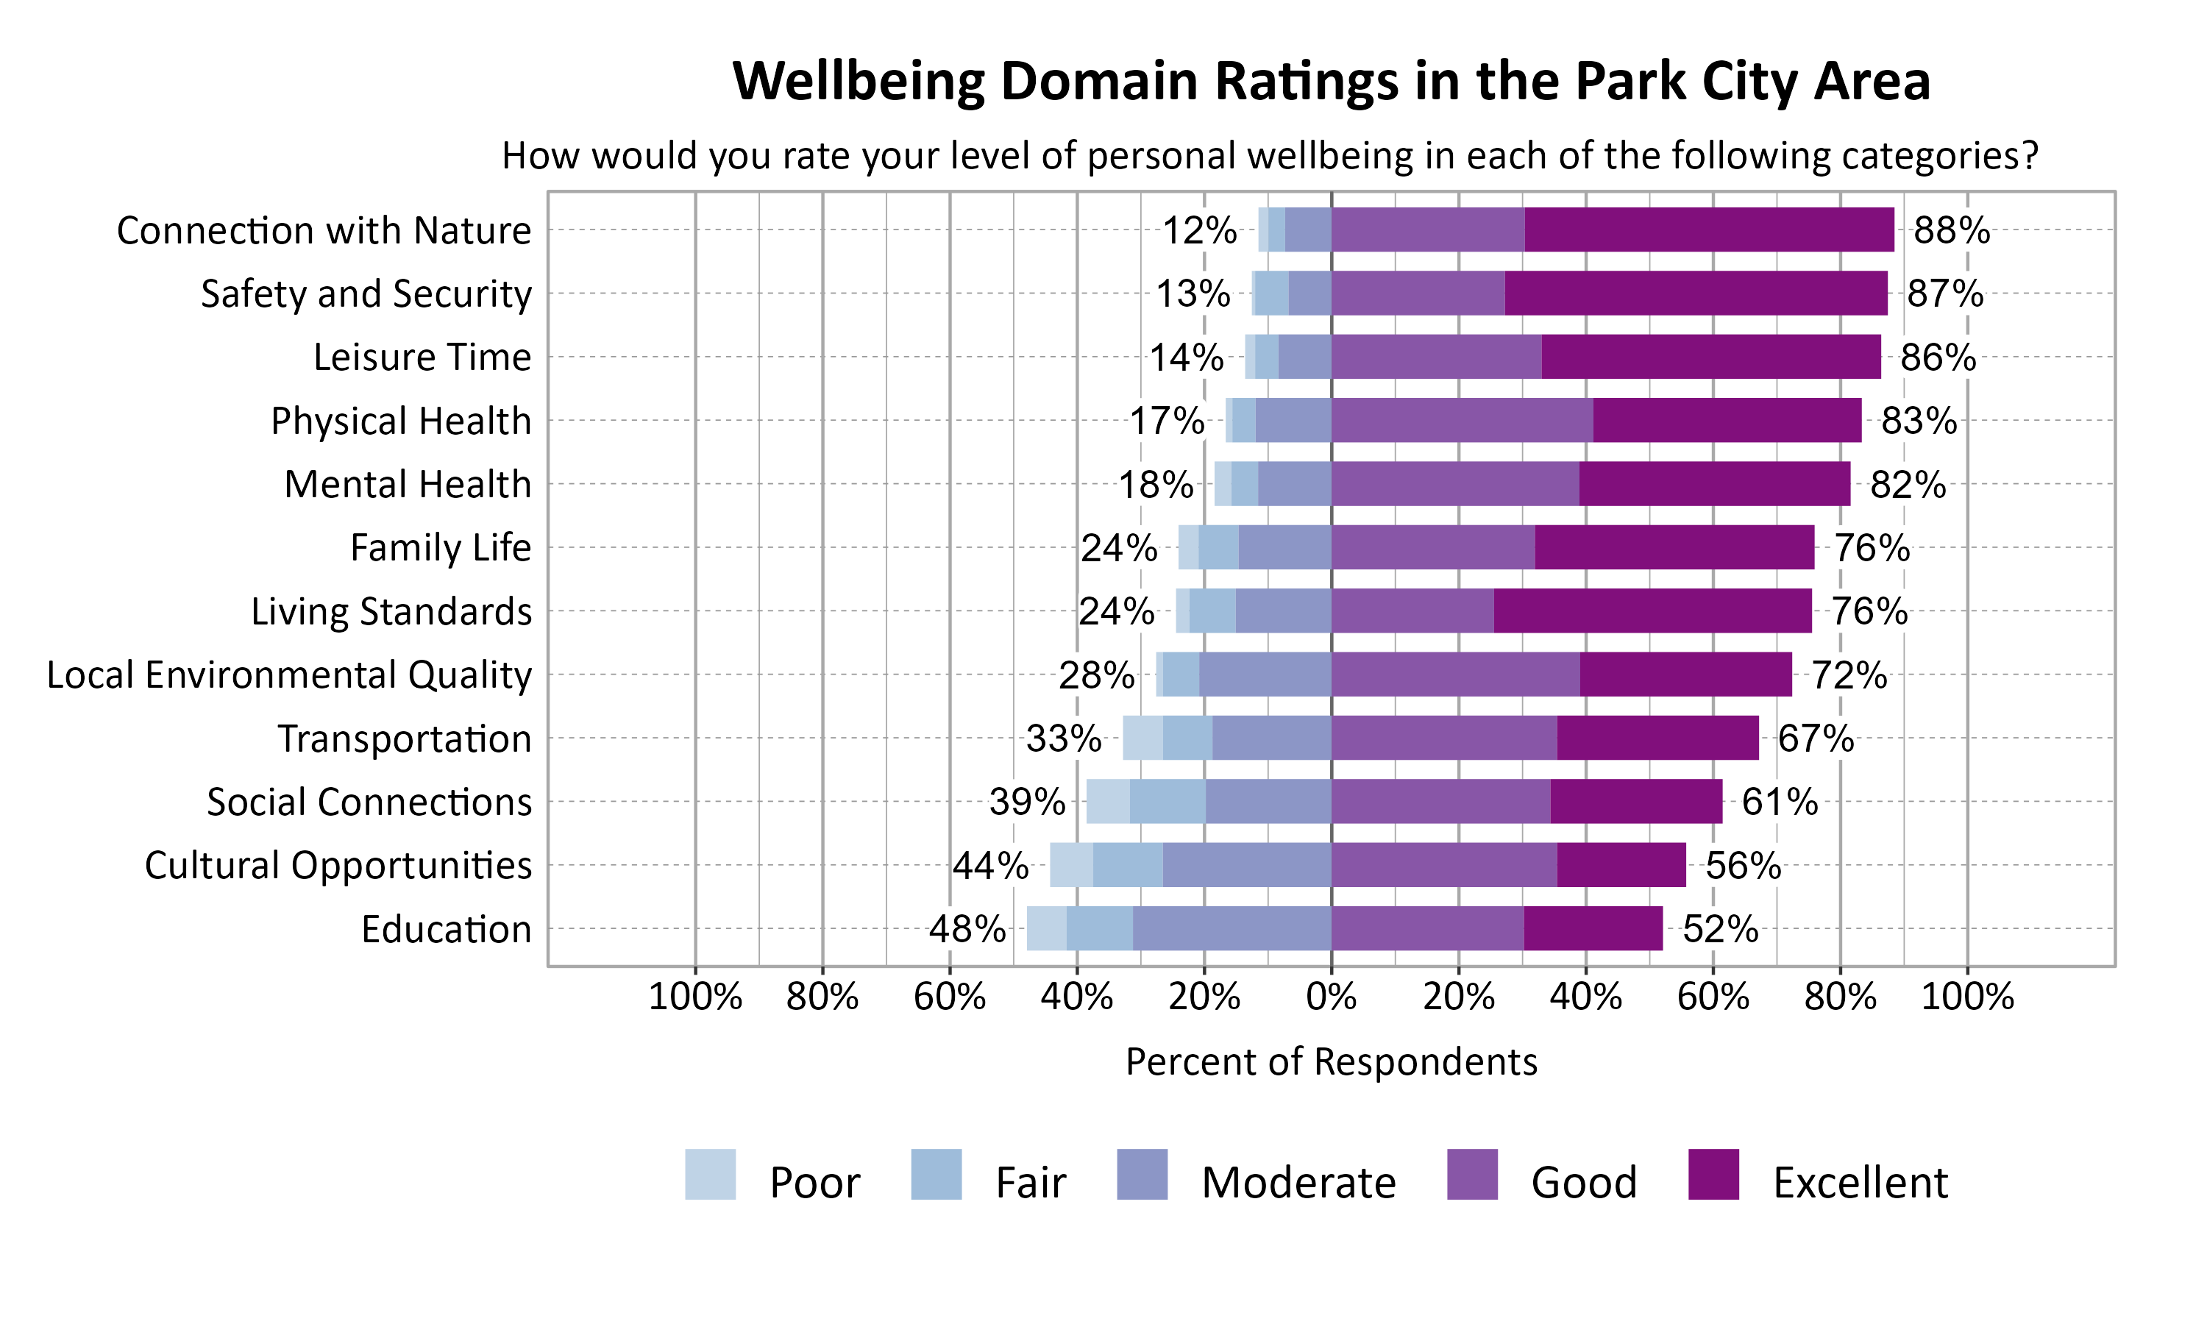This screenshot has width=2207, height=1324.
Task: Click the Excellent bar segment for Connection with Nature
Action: click(x=1708, y=230)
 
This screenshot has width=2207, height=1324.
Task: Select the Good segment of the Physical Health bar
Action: click(x=1461, y=420)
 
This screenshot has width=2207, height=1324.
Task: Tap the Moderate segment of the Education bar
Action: click(x=1231, y=929)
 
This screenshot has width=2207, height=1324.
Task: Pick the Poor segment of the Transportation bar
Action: click(x=1142, y=738)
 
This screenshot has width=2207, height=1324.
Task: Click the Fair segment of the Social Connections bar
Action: click(x=1167, y=801)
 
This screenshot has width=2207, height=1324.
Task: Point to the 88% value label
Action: click(x=1951, y=230)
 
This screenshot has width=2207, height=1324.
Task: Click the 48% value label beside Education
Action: click(x=967, y=929)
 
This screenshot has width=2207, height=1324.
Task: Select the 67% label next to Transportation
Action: click(x=1816, y=738)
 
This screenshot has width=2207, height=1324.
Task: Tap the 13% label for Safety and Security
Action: click(x=1193, y=293)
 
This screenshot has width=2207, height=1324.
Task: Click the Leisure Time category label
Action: click(x=422, y=357)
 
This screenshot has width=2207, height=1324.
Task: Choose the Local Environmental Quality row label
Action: click(x=289, y=675)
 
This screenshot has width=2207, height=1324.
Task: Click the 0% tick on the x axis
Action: click(x=1331, y=997)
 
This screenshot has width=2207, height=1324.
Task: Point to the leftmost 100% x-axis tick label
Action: click(x=695, y=997)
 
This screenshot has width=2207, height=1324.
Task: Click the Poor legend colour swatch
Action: click(x=710, y=1174)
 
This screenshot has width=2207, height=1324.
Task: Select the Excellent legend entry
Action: click(x=1860, y=1182)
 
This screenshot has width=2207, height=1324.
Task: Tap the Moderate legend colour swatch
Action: click(x=1142, y=1174)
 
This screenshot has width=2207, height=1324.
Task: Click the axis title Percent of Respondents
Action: click(x=1331, y=1061)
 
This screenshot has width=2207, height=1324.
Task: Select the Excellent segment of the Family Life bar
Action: click(x=1674, y=547)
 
